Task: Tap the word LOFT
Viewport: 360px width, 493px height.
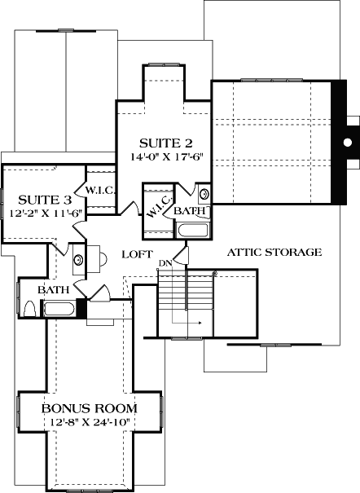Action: [138, 253]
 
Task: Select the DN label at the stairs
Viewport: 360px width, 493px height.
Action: [165, 262]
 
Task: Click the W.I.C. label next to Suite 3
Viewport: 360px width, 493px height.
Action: [102, 190]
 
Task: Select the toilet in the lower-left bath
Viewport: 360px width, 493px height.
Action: [29, 309]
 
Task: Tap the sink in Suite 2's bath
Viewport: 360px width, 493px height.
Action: [204, 194]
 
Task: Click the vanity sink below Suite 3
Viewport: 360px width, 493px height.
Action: [78, 259]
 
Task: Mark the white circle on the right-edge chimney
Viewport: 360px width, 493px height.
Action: [348, 143]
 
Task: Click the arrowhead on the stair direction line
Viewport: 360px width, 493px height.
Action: [200, 324]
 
